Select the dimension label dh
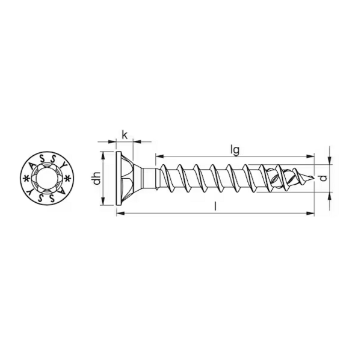95,179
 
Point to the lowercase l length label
216,206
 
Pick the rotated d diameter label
323,178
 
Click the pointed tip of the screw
313,179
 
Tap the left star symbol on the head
26,179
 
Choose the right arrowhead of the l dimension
311,212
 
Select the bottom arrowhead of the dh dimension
103,204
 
